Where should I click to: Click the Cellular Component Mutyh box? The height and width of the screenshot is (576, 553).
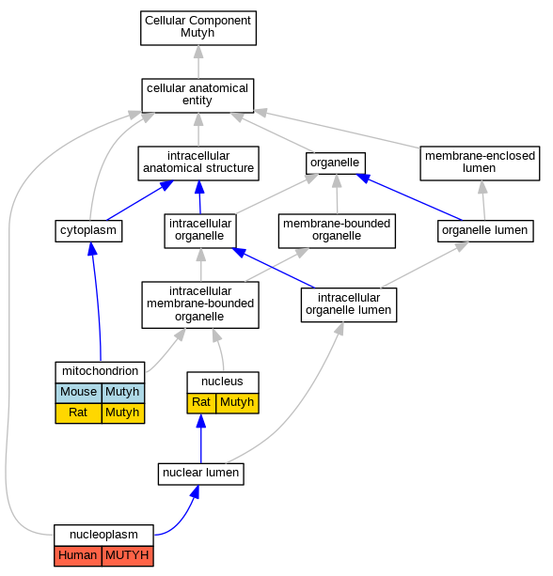pos(198,28)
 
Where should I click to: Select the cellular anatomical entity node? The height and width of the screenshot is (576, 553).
pos(197,96)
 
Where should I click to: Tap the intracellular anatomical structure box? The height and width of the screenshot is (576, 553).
pos(198,163)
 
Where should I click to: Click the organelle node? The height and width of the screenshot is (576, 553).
pos(336,163)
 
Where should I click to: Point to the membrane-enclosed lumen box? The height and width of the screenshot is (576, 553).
pos(480,163)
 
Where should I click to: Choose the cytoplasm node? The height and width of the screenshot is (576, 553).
pos(88,231)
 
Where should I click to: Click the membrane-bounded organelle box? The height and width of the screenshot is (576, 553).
pos(337,231)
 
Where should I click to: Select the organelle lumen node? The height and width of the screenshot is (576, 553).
pos(485,231)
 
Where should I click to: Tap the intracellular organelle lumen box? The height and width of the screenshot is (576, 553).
pos(349,304)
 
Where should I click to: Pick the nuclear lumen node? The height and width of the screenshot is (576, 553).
pos(200,474)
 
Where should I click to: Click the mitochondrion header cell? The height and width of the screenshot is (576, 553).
pos(100,372)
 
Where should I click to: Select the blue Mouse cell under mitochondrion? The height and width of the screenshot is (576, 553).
pos(78,393)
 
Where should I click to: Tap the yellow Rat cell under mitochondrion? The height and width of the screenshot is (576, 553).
pos(78,413)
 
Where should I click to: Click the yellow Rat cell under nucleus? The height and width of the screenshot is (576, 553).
pos(201,403)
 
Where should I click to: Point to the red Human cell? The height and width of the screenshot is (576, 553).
pos(77,556)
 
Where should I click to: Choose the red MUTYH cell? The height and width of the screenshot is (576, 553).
pos(128,556)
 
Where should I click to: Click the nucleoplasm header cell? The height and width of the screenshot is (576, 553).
pos(103,536)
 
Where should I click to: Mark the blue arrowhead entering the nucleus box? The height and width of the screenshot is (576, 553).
pos(200,421)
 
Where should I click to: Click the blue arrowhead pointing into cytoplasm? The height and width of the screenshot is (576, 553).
pos(92,249)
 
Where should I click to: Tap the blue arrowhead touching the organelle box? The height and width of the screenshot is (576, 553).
pos(364,179)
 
